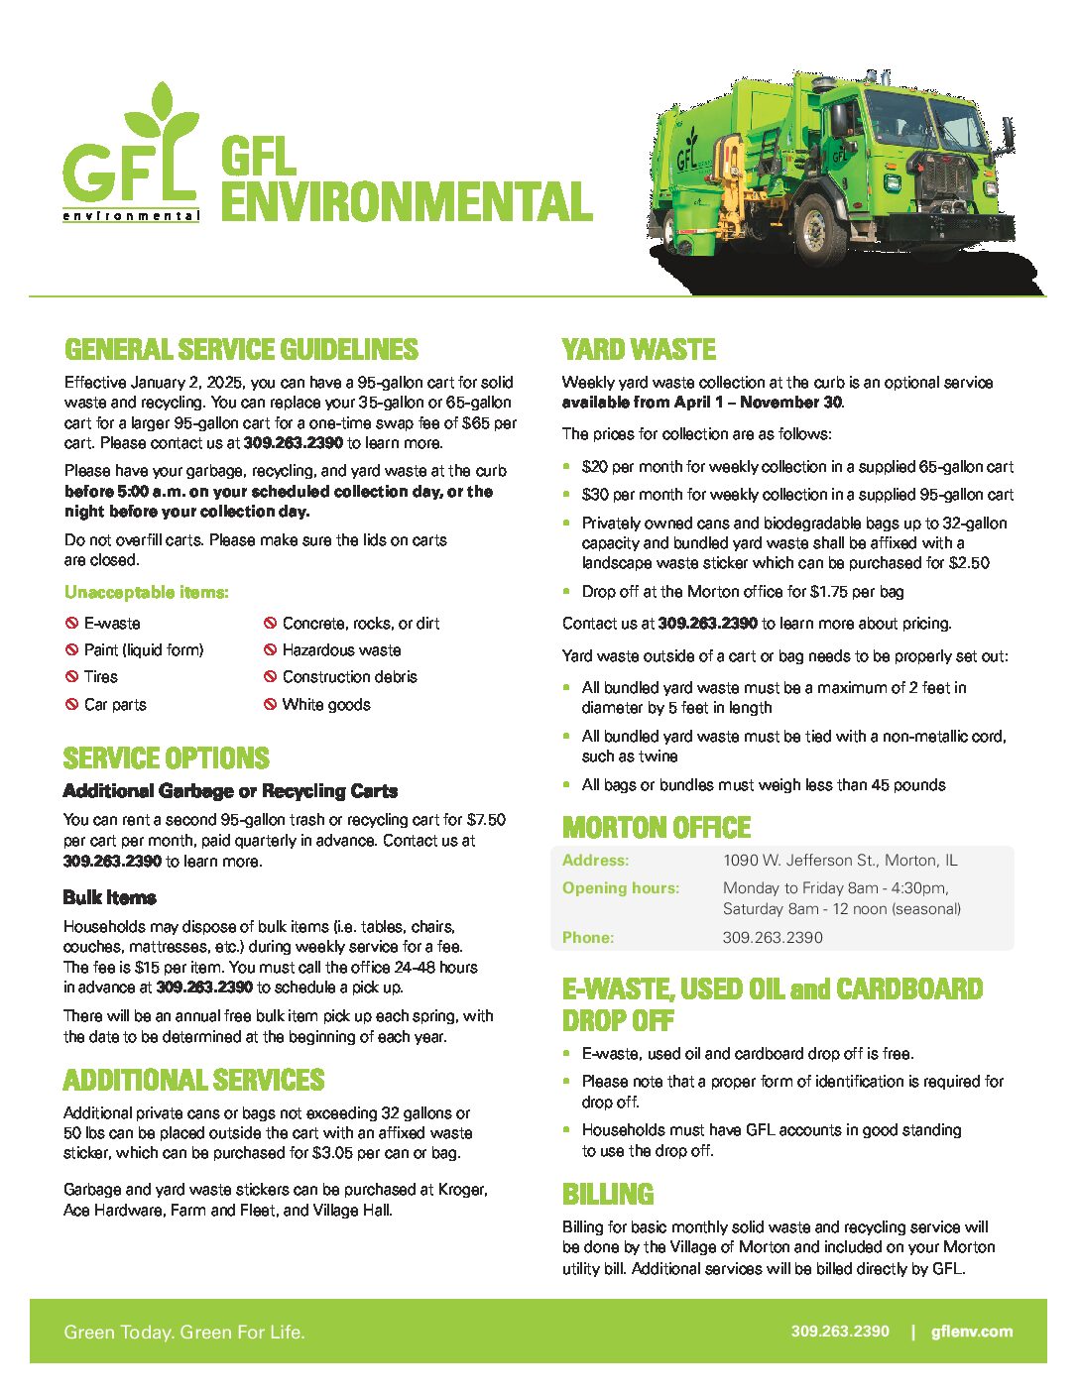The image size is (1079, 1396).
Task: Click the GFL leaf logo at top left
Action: click(x=131, y=154)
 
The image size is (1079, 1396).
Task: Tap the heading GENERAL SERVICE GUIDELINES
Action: click(x=241, y=350)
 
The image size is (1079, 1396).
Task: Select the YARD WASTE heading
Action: click(x=639, y=350)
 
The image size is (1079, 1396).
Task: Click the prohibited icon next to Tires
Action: click(x=71, y=677)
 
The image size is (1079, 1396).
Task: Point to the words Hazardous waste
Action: click(x=341, y=650)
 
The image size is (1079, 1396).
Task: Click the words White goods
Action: click(x=326, y=705)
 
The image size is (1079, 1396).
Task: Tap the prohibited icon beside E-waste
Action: click(x=71, y=624)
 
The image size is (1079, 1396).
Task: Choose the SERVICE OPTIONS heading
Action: click(x=166, y=758)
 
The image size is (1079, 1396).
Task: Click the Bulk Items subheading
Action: click(x=109, y=897)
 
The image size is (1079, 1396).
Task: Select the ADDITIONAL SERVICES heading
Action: click(x=193, y=1080)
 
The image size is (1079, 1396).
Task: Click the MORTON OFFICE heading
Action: click(x=656, y=828)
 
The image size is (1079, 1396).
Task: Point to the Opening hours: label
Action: click(x=621, y=888)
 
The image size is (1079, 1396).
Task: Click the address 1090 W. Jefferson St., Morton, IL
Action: click(x=840, y=861)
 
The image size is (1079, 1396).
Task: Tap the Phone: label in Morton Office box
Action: click(x=588, y=937)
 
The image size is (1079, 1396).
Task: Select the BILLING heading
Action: click(x=608, y=1194)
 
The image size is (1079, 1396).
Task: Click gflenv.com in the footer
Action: click(x=972, y=1332)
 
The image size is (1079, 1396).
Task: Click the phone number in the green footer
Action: click(x=840, y=1332)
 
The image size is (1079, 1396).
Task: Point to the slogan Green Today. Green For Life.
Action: click(x=184, y=1333)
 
